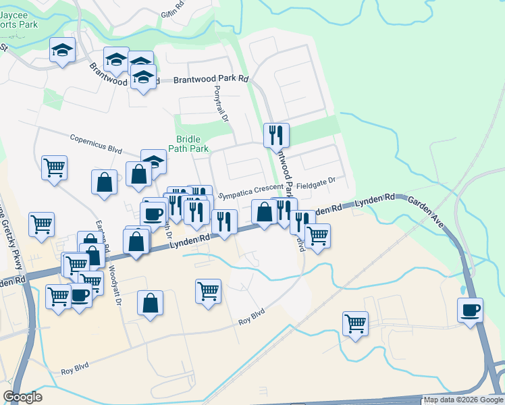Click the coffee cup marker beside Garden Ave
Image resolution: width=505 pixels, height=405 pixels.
[x=470, y=310]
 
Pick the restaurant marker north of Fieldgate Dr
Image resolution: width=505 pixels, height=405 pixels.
[x=276, y=135]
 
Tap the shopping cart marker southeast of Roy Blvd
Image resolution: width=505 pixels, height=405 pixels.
[x=354, y=323]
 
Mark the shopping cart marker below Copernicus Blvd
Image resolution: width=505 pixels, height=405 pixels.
[x=54, y=167]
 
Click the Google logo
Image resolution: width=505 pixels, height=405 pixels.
[x=22, y=397]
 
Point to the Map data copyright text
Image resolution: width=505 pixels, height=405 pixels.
[x=464, y=400]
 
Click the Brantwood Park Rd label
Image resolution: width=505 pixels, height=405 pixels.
[x=211, y=79]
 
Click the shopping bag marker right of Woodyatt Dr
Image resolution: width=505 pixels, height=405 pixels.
[x=149, y=304]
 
